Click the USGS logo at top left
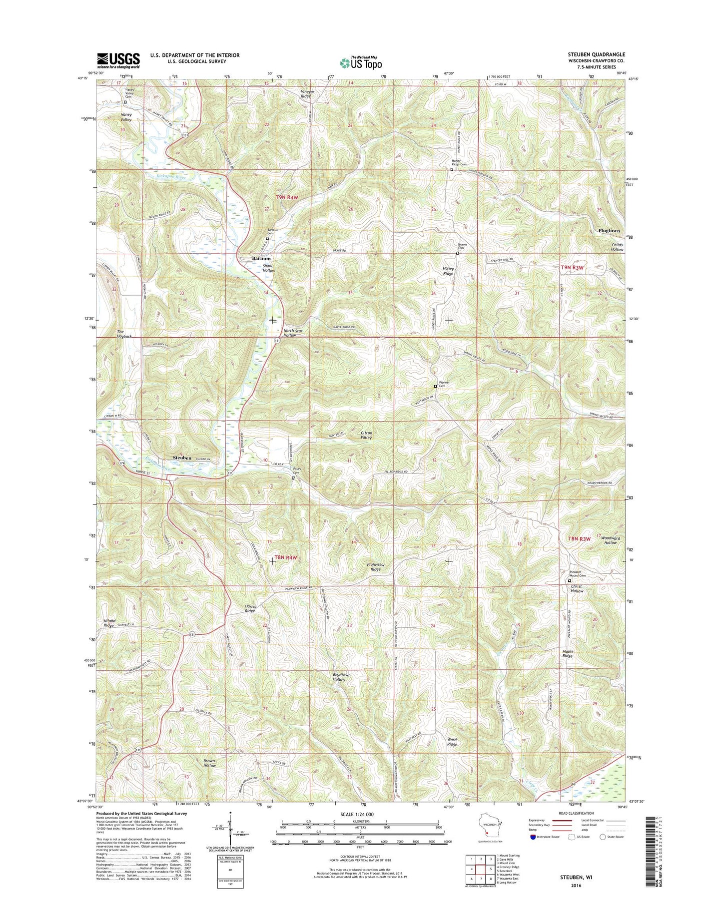pyautogui.click(x=118, y=60)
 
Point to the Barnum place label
pyautogui.click(x=261, y=259)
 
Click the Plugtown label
pyautogui.click(x=609, y=231)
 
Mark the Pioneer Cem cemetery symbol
pyautogui.click(x=435, y=386)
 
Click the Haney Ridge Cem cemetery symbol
pyautogui.click(x=452, y=170)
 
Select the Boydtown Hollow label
pyautogui.click(x=342, y=677)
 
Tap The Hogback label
pyautogui.click(x=124, y=334)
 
